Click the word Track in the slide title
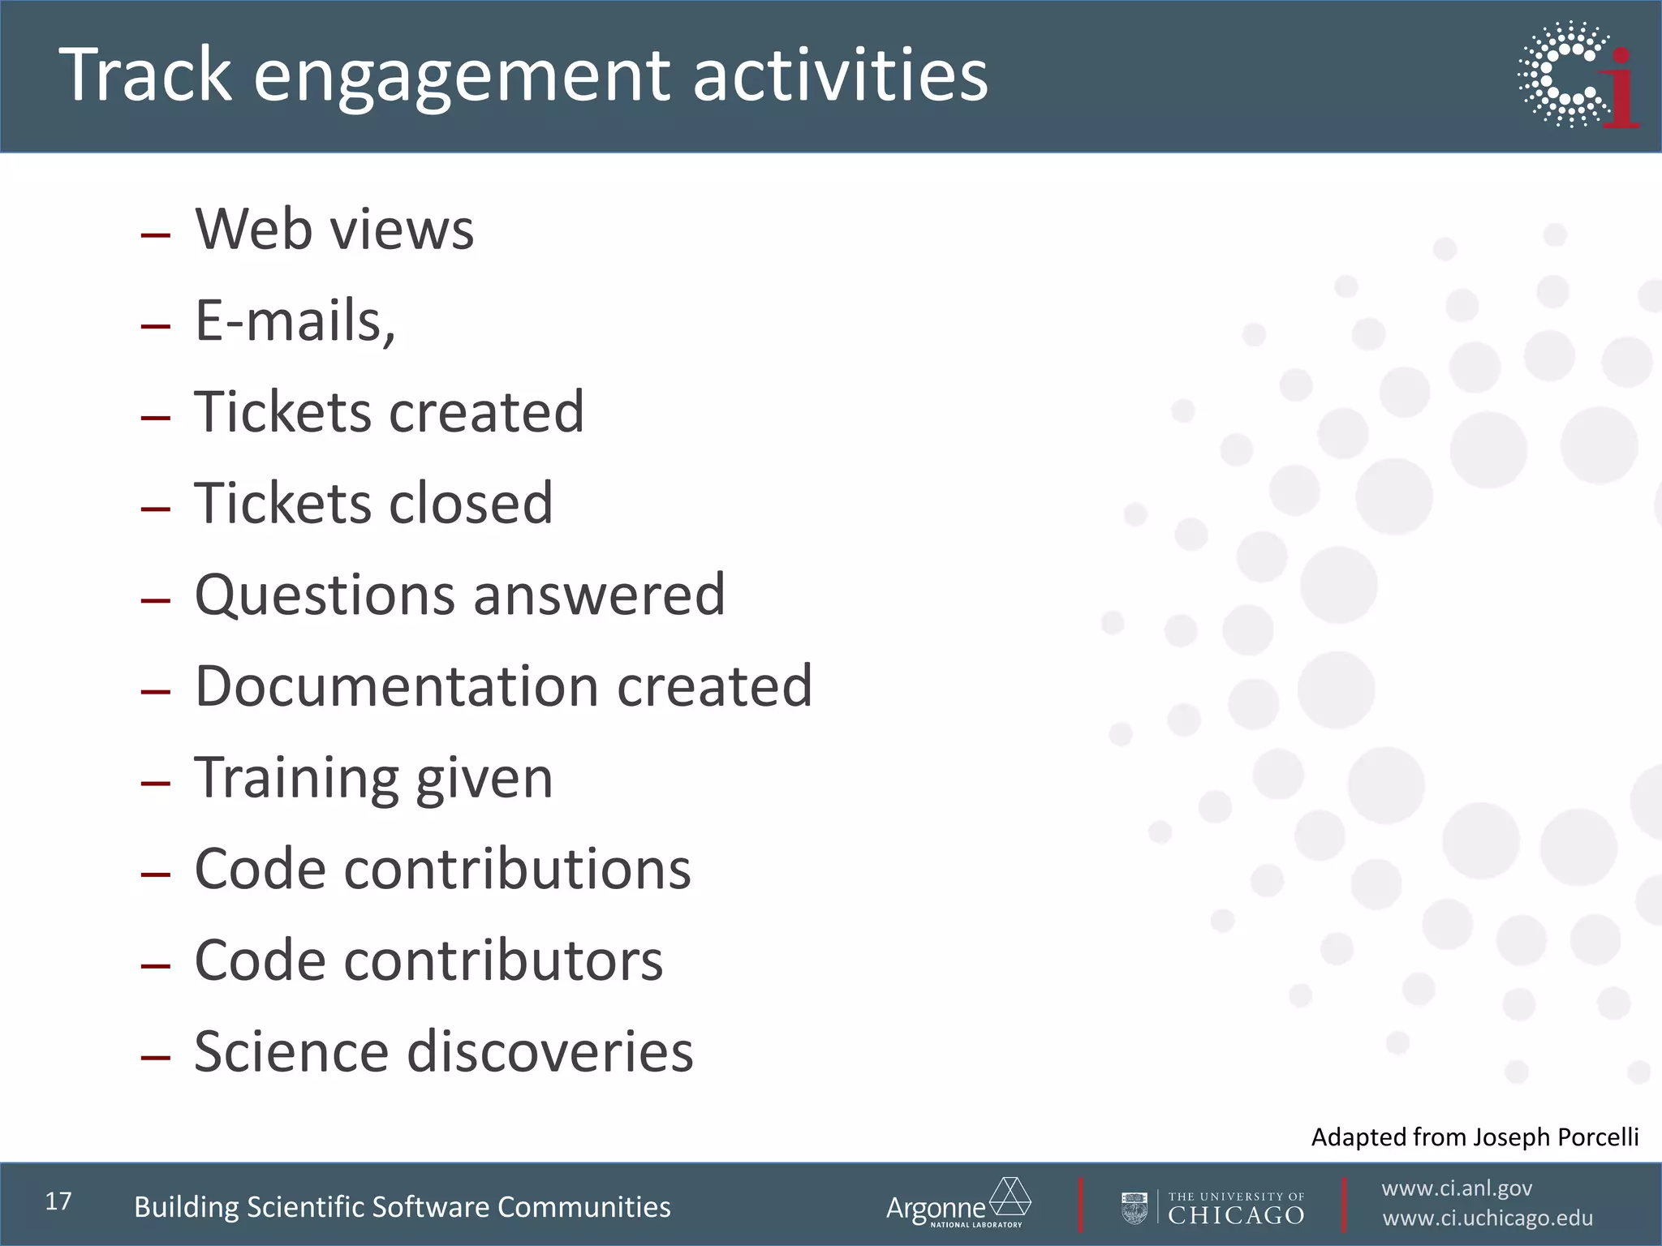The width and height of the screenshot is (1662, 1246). click(x=146, y=75)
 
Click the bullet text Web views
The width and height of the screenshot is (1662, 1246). click(x=334, y=229)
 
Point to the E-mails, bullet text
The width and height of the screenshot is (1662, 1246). click(x=295, y=320)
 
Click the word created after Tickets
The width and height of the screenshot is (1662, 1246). click(x=486, y=411)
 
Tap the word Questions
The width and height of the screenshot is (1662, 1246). click(x=325, y=595)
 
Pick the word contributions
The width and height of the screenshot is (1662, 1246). click(x=517, y=869)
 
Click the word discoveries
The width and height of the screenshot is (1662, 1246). click(x=549, y=1051)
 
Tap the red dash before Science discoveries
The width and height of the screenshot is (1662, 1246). click(x=155, y=1057)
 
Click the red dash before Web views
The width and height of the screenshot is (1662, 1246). click(x=155, y=235)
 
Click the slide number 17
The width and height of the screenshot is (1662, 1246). click(x=58, y=1201)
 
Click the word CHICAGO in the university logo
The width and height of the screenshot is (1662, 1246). click(x=1236, y=1215)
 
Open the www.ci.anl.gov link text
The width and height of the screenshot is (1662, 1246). click(x=1457, y=1188)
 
